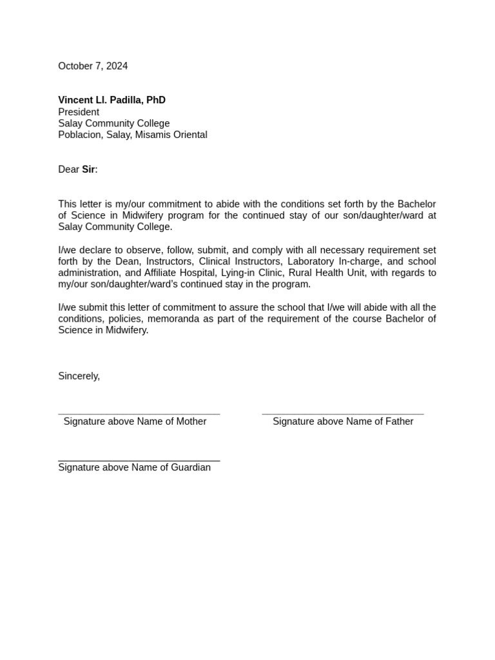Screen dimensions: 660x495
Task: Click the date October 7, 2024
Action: [x=93, y=66]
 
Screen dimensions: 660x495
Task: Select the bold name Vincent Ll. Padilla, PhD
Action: [x=112, y=100]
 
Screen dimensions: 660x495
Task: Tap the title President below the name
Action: [x=79, y=112]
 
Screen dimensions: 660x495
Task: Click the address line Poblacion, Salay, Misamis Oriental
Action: [x=133, y=135]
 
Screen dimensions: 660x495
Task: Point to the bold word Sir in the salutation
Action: [x=88, y=170]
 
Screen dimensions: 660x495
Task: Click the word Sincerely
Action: [x=79, y=376]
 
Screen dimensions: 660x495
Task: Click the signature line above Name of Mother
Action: [x=139, y=413]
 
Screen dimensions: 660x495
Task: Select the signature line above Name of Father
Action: [x=343, y=413]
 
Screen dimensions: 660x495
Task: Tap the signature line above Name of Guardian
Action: [x=139, y=460]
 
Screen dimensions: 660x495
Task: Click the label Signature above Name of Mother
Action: [x=135, y=422]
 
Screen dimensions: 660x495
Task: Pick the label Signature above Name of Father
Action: [x=343, y=422]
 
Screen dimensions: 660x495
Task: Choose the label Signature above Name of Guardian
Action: [x=134, y=467]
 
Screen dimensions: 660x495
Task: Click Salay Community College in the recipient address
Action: [x=114, y=123]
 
